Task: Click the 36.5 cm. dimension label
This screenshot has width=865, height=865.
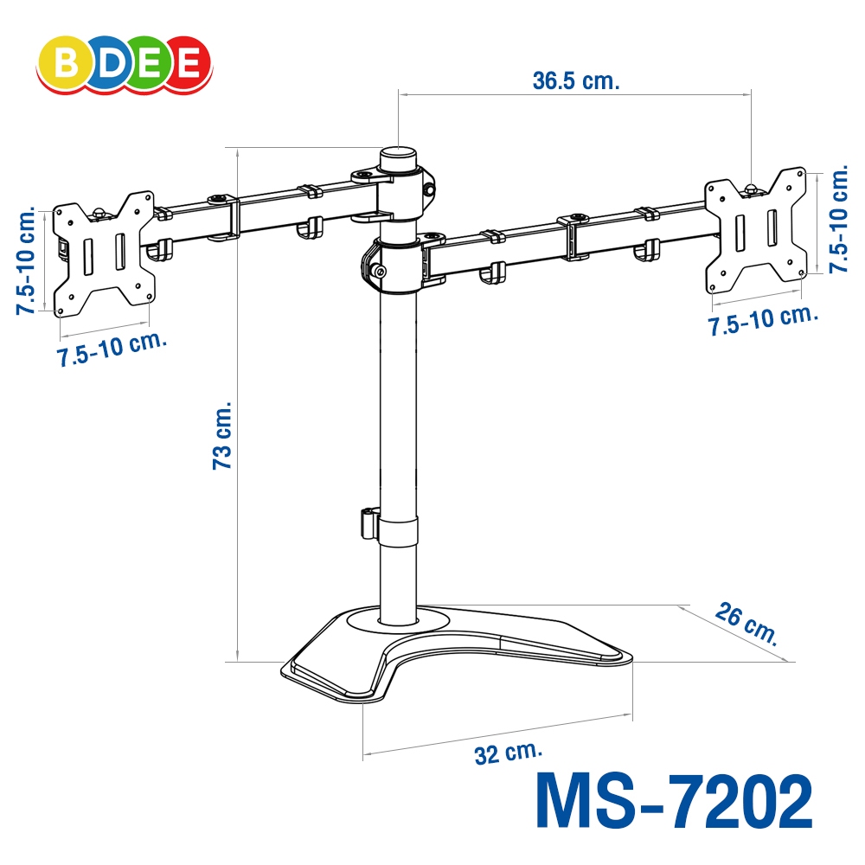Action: tap(576, 80)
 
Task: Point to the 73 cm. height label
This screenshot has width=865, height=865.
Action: tap(222, 436)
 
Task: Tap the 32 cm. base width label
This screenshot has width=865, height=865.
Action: tap(509, 753)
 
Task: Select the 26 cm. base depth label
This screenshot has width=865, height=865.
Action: tap(746, 624)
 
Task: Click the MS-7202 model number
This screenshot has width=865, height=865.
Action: tap(674, 800)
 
